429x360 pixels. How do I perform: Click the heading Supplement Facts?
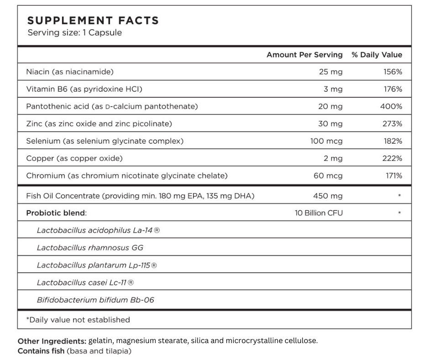[93, 21]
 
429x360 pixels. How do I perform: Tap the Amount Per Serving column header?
[304, 55]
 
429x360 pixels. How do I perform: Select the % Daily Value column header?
[377, 55]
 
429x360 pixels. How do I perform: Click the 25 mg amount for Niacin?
[330, 72]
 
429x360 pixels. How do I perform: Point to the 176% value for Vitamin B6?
[393, 89]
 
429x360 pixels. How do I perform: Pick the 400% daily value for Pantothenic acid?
[391, 106]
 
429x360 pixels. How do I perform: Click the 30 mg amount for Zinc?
[330, 124]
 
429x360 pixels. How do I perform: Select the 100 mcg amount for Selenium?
[326, 141]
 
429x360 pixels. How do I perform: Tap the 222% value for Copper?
[392, 159]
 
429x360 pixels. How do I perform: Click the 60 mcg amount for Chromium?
[328, 175]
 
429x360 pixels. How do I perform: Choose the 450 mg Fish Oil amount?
[328, 196]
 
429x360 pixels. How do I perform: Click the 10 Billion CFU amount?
[319, 213]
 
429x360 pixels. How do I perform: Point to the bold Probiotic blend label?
[56, 213]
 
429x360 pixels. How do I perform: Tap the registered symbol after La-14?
[157, 230]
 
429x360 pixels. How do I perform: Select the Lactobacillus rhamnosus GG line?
[90, 248]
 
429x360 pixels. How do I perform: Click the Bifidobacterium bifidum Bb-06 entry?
[95, 300]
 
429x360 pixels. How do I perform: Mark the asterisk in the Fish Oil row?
[399, 196]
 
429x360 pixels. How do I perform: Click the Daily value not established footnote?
[78, 320]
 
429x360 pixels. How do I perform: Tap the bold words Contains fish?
[41, 351]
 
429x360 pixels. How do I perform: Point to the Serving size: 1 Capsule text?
[75, 32]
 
